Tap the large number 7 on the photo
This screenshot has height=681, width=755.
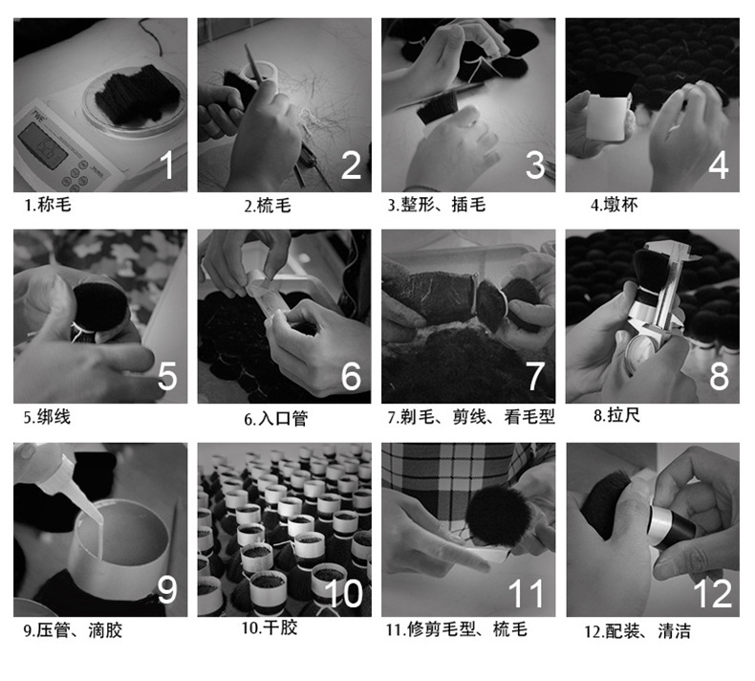534,375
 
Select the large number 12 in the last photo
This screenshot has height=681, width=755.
712,593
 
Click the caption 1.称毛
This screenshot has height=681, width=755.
48,205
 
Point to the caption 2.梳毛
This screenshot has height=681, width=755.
267,205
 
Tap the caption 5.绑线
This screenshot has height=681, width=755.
47,417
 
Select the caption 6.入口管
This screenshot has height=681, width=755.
276,418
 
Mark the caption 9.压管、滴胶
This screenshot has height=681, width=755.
73,630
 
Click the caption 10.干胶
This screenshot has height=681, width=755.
270,628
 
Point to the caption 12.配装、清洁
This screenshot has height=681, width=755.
637,630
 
